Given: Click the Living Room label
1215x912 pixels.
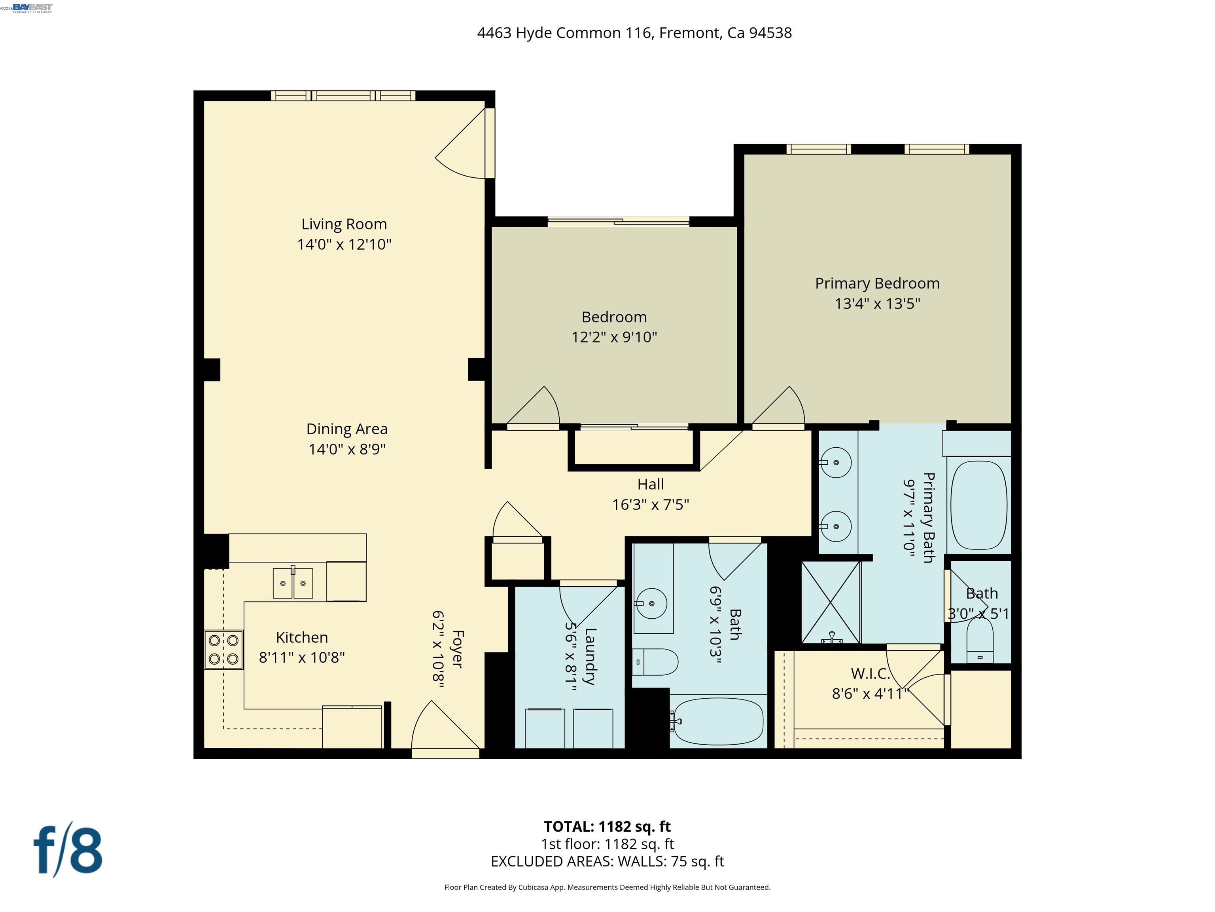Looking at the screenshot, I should [344, 224].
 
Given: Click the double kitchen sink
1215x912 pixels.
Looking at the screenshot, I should [293, 583].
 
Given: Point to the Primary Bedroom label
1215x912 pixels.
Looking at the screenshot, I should [877, 284].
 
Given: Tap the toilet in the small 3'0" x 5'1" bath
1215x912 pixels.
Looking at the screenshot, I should [979, 641].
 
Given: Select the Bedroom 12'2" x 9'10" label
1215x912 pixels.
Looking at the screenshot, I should [614, 317].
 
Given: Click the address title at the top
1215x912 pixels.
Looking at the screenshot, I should [634, 33].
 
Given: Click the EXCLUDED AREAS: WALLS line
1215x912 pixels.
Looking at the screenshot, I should [607, 861].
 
